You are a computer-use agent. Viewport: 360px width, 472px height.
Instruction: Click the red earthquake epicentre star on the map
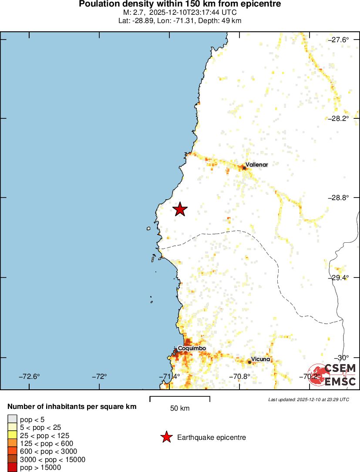click(180, 209)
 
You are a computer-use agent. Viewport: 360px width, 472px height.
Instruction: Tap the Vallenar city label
click(256, 165)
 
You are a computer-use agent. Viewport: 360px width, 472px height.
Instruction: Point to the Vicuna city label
click(261, 359)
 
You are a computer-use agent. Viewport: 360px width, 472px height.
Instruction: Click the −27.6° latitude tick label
click(338, 40)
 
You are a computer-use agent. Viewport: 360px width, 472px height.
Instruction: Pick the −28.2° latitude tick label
click(338, 118)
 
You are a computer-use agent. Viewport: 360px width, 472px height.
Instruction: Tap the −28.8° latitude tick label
click(338, 198)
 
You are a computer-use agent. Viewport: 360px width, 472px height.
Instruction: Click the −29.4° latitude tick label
click(338, 277)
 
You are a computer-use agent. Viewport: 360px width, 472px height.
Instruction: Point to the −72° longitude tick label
click(100, 376)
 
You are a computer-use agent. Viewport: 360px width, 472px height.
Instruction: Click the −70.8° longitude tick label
click(240, 376)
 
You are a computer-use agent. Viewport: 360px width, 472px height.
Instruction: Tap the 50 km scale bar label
click(180, 408)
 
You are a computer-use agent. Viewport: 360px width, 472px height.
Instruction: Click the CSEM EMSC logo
click(333, 375)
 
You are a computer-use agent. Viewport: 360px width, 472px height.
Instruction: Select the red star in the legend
click(166, 437)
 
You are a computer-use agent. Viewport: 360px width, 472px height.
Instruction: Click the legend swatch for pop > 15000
click(12, 468)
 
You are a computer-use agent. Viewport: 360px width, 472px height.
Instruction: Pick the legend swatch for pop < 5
click(12, 419)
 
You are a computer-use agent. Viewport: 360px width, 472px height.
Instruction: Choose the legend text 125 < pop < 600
click(47, 443)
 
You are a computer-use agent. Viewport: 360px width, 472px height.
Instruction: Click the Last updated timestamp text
click(309, 399)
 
